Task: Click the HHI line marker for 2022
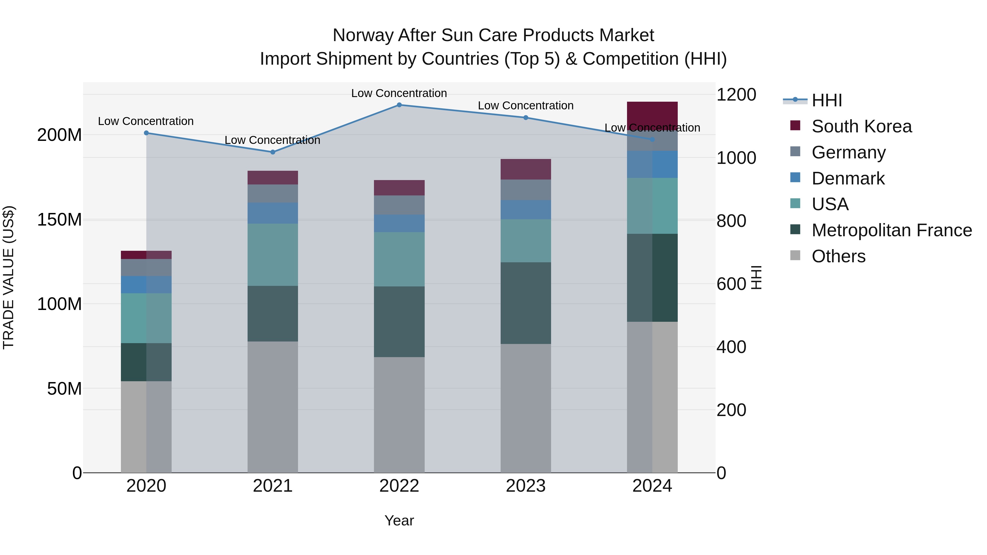pyautogui.click(x=399, y=105)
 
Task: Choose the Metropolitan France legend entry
pyautogui.click(x=891, y=230)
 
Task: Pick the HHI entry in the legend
pyautogui.click(x=826, y=100)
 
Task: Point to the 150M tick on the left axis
pyautogui.click(x=59, y=220)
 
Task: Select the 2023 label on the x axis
pyautogui.click(x=525, y=486)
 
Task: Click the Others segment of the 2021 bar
pyautogui.click(x=273, y=407)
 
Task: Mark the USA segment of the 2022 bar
pyautogui.click(x=399, y=259)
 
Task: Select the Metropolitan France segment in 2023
pyautogui.click(x=525, y=303)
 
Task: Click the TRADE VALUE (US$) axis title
pyautogui.click(x=8, y=277)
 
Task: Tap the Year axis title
pyautogui.click(x=399, y=520)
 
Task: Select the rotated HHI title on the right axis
pyautogui.click(x=756, y=277)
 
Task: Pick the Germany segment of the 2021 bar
pyautogui.click(x=273, y=193)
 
